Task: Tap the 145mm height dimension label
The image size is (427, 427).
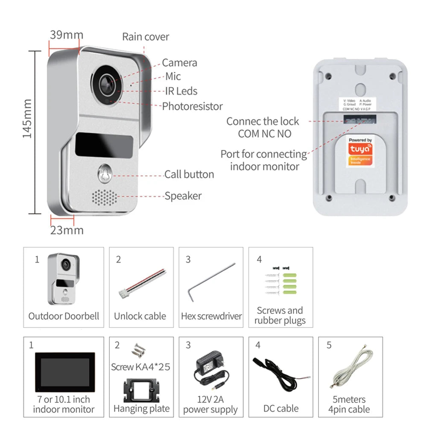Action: point(27,118)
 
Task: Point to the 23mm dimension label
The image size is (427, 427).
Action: point(67,231)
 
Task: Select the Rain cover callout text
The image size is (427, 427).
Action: point(146,37)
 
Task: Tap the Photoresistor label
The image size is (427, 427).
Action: point(192,106)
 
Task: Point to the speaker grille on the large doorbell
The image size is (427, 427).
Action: point(105,197)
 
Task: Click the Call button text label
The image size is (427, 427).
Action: point(189,174)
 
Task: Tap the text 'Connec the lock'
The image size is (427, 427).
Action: point(263,121)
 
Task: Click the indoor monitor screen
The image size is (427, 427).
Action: point(64,371)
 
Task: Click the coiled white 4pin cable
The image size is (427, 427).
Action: point(351,370)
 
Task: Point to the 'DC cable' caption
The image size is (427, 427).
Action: point(281,409)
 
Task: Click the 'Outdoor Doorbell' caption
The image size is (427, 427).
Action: point(64,316)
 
